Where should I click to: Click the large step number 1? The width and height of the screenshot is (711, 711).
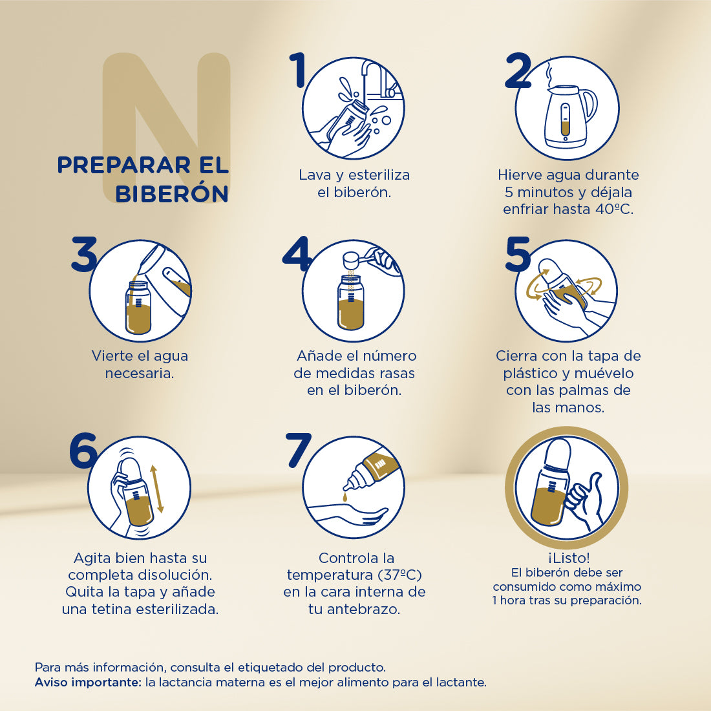298,70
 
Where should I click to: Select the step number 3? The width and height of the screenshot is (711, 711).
83,255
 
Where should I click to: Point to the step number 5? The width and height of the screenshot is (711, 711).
518,255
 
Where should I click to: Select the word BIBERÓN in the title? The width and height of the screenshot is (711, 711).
172,194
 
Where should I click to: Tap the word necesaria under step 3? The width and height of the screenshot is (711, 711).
140,374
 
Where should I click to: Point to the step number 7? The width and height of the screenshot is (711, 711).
299,451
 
